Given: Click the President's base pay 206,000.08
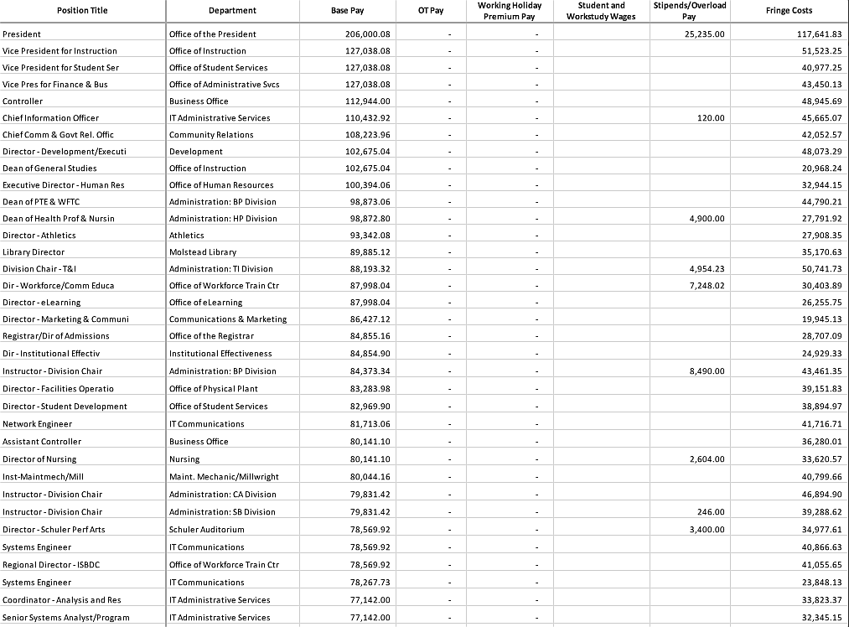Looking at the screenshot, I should pos(368,34).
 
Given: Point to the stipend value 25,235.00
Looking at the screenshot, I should pos(704,34).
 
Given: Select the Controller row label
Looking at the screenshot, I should pos(23,101).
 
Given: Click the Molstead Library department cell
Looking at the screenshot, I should pos(203,252).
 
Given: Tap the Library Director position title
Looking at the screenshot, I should pos(34,252).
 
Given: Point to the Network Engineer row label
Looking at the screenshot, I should pos(38,424).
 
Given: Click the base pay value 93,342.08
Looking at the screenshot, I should pos(370,236).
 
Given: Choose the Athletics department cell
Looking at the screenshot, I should pos(187,236).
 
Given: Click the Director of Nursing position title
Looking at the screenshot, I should pos(39,459).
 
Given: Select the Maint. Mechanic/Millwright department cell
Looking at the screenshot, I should pos(224,477).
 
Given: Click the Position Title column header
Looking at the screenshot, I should pos(82,10).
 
